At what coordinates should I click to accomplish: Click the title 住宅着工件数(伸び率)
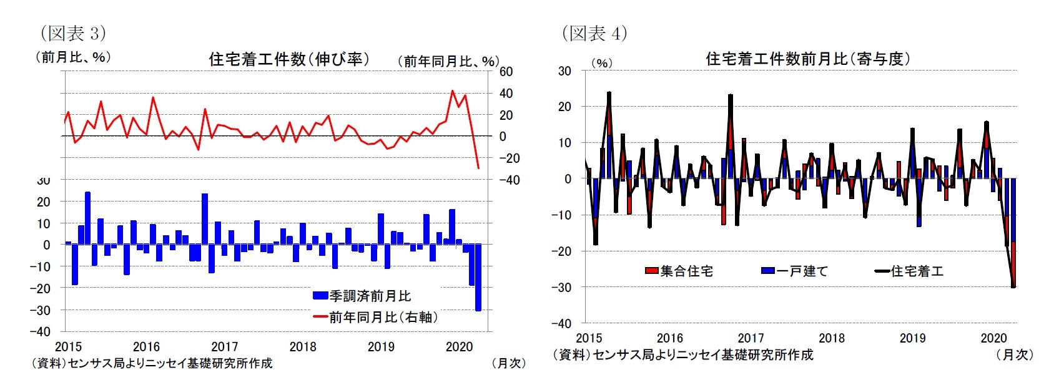coord(288,59)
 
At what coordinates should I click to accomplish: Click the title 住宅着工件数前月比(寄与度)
coord(807,59)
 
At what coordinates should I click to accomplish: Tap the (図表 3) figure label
coord(73,32)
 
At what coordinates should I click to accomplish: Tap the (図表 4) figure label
coord(594,32)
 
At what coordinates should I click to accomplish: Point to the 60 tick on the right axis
coord(505,72)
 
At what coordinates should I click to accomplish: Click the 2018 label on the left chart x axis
coord(303,347)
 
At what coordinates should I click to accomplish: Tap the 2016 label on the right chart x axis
coord(669,338)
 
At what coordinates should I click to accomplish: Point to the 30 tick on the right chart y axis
coord(564,71)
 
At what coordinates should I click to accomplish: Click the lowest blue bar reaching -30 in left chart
coord(478,278)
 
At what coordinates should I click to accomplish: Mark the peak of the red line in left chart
coord(453,91)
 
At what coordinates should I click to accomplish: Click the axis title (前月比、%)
coord(73,57)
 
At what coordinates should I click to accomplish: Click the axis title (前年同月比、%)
coord(448,61)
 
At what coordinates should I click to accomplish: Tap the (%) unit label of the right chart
coord(601,63)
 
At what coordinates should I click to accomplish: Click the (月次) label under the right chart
coord(1015,354)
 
